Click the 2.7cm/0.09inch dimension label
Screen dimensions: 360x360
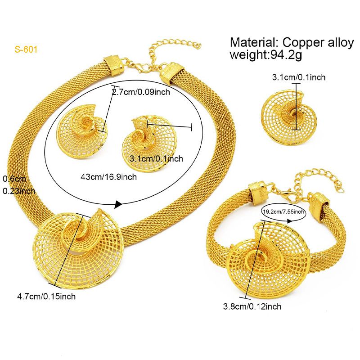(x=141, y=92)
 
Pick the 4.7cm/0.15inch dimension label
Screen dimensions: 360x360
(x=46, y=296)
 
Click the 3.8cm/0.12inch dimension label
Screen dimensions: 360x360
(x=252, y=307)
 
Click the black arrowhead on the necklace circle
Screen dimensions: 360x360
(x=118, y=205)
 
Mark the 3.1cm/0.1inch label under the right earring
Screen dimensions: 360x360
(x=156, y=158)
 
